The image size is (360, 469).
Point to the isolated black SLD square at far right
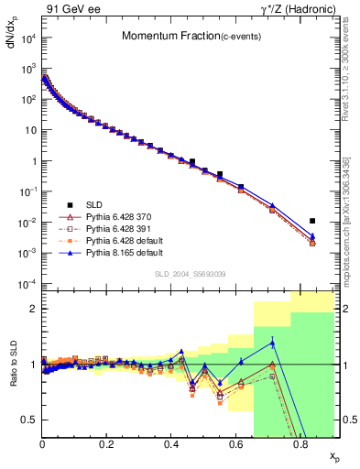(312, 221)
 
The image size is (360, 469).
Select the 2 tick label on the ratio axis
(34, 309)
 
